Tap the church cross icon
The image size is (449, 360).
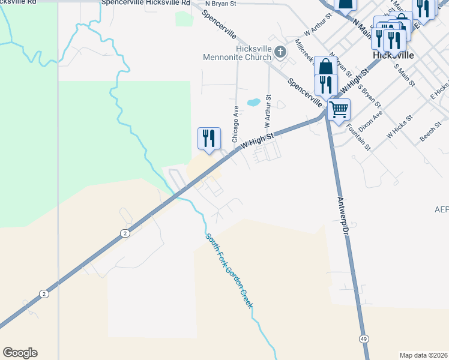tap(279, 53)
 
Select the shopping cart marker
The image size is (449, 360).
tap(339, 110)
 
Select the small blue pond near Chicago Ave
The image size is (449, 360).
tap(253, 102)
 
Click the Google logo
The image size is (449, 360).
tap(20, 353)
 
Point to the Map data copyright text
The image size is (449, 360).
tap(423, 355)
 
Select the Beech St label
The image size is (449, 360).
tap(430, 133)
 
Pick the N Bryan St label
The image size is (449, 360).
tap(220, 4)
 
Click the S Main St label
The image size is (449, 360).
tap(404, 73)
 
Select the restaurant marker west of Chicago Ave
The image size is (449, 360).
tap(206, 139)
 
